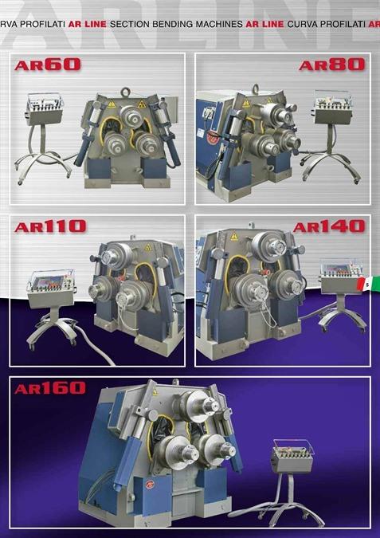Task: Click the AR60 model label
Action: point(48,65)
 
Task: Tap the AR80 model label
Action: point(331,65)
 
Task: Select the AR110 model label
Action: point(50,226)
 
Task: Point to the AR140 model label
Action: point(329,226)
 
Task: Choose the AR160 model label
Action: point(50,388)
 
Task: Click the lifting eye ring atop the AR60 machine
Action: point(126,92)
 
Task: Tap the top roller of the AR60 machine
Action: point(131,116)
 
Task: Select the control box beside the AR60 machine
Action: point(45,108)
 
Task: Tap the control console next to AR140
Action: point(341,277)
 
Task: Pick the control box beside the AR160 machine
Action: point(292,457)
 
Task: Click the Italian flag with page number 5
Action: point(368,284)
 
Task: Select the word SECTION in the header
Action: point(130,25)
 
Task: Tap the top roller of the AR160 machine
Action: point(200,406)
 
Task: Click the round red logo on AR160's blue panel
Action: point(150,485)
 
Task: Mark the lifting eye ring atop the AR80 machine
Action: point(255,88)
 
